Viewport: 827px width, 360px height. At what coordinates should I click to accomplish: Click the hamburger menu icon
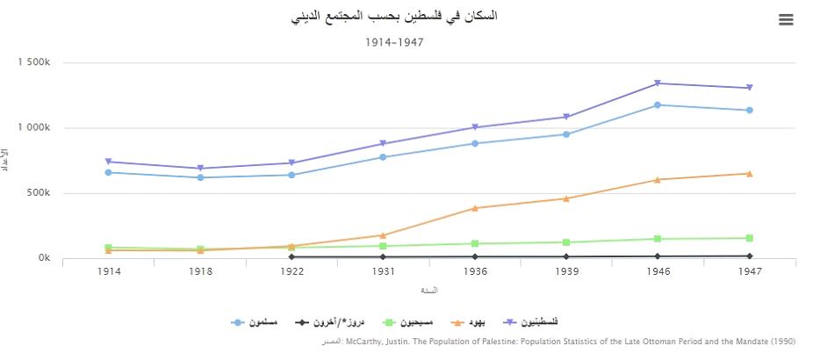coord(786,20)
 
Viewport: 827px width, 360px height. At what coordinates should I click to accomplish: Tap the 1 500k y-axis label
coord(33,63)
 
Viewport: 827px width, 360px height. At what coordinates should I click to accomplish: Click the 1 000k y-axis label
coord(33,128)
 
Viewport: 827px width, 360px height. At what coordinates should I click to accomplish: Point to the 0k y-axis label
coord(43,258)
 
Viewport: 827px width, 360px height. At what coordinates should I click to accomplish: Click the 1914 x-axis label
coord(110,272)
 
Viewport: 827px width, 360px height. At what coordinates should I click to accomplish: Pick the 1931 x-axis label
coord(384,272)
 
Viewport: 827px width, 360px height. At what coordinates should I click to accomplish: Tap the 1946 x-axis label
coord(658,272)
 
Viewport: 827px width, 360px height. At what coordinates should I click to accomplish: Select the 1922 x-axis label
coord(292,272)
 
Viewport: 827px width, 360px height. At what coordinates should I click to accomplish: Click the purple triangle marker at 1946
coord(658,83)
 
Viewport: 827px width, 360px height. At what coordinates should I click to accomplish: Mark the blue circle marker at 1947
coord(749,111)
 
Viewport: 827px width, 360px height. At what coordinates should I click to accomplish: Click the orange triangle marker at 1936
coord(475,208)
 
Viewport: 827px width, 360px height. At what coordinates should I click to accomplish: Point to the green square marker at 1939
coord(566,242)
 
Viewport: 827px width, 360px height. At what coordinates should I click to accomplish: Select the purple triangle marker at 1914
coord(110,162)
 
